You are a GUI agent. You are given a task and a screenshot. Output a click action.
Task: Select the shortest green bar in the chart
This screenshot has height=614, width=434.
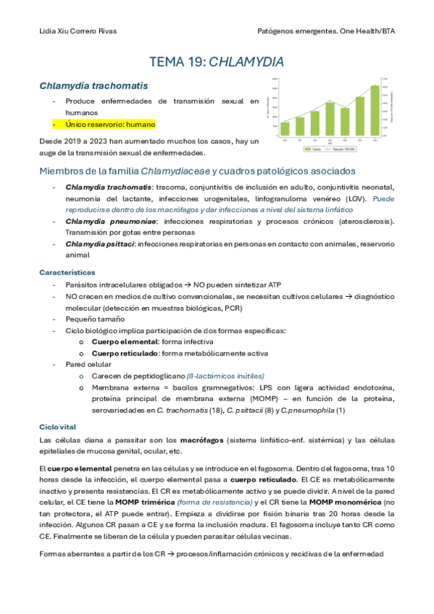(285, 127)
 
